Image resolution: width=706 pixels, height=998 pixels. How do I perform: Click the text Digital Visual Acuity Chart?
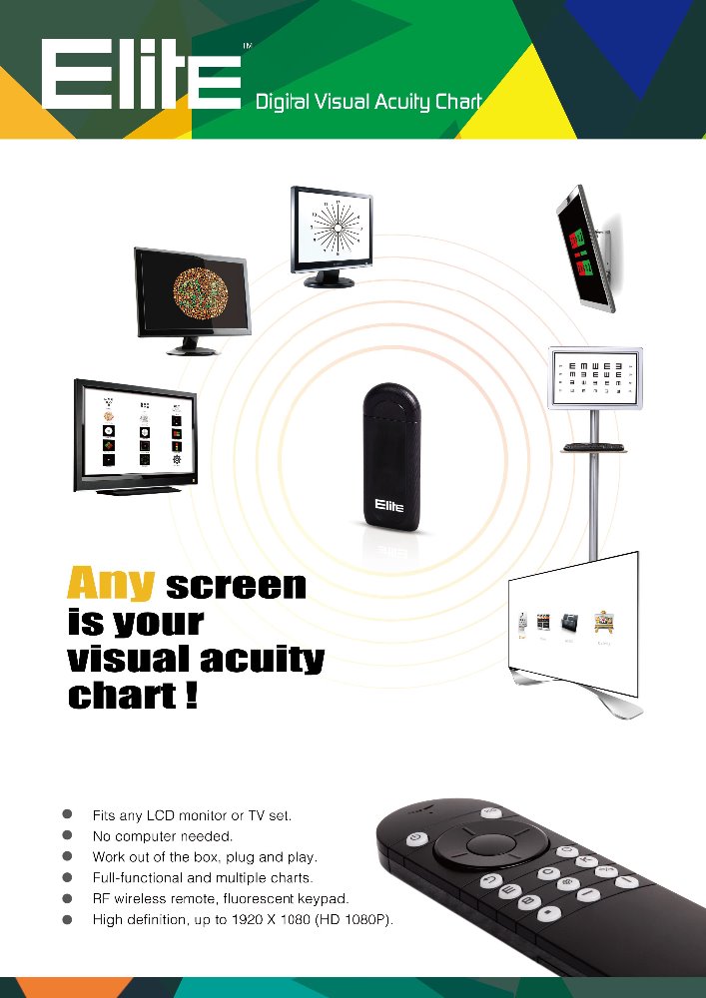pos(368,102)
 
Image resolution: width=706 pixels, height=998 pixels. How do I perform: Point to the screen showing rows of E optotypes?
pos(595,378)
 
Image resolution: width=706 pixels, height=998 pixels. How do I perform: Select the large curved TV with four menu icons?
pos(572,624)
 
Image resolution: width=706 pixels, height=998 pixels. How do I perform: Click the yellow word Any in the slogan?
pos(110,584)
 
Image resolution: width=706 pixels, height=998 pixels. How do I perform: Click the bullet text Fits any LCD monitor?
pos(192,815)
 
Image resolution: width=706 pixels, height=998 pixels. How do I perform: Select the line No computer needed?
pos(162,835)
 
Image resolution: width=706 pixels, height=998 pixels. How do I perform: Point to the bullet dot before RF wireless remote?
pos(69,898)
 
